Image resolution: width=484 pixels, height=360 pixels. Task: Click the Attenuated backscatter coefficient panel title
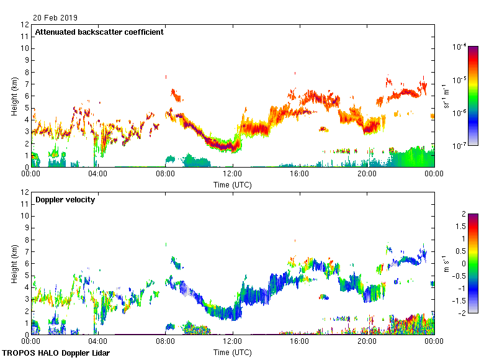(99, 32)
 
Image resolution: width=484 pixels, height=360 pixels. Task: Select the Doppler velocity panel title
(65, 200)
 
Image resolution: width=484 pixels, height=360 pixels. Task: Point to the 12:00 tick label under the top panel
(233, 174)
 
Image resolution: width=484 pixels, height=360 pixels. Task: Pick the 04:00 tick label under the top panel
(98, 174)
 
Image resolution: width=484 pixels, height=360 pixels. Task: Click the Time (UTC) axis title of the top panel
(233, 184)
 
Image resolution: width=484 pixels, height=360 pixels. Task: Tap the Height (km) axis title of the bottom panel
(14, 264)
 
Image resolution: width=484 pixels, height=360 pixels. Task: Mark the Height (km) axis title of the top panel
(14, 96)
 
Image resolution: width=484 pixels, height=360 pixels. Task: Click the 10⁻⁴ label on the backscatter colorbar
(460, 47)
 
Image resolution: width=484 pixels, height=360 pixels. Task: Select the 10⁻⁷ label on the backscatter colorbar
(460, 146)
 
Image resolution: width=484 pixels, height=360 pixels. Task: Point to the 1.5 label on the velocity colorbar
(459, 227)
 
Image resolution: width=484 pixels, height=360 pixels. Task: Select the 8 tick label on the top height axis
(25, 72)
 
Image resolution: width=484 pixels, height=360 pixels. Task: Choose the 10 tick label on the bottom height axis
(24, 216)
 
